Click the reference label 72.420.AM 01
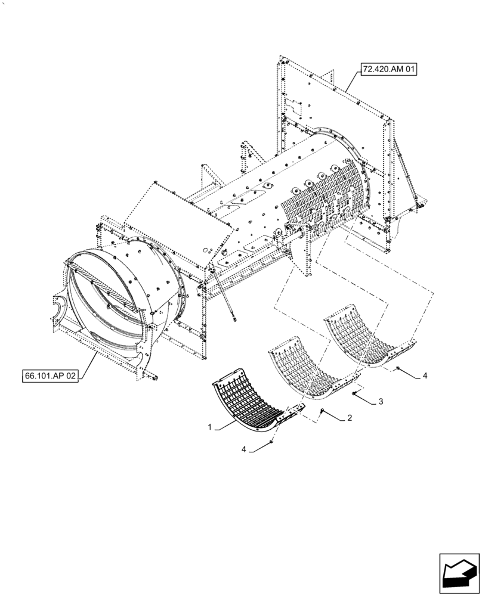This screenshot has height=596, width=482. tap(389, 70)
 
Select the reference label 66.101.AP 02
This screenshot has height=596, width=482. tap(51, 377)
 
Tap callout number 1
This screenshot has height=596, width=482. tap(209, 427)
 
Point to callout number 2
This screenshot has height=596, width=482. tap(350, 418)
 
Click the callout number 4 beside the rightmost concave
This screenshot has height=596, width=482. tap(424, 375)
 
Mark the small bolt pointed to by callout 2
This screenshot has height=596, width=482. tap(323, 411)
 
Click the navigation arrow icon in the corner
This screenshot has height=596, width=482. tap(459, 572)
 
